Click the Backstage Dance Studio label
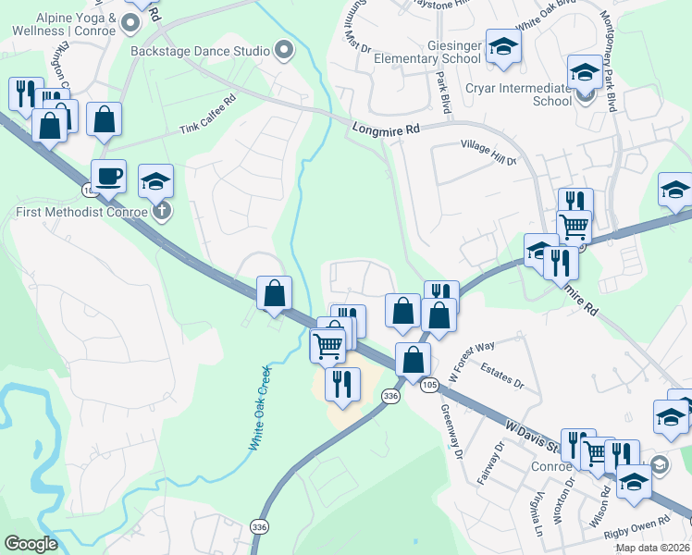point(200,51)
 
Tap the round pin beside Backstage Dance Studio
point(283,50)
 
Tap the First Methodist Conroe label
point(81,213)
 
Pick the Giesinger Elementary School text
point(428,51)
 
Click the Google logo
point(31,543)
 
